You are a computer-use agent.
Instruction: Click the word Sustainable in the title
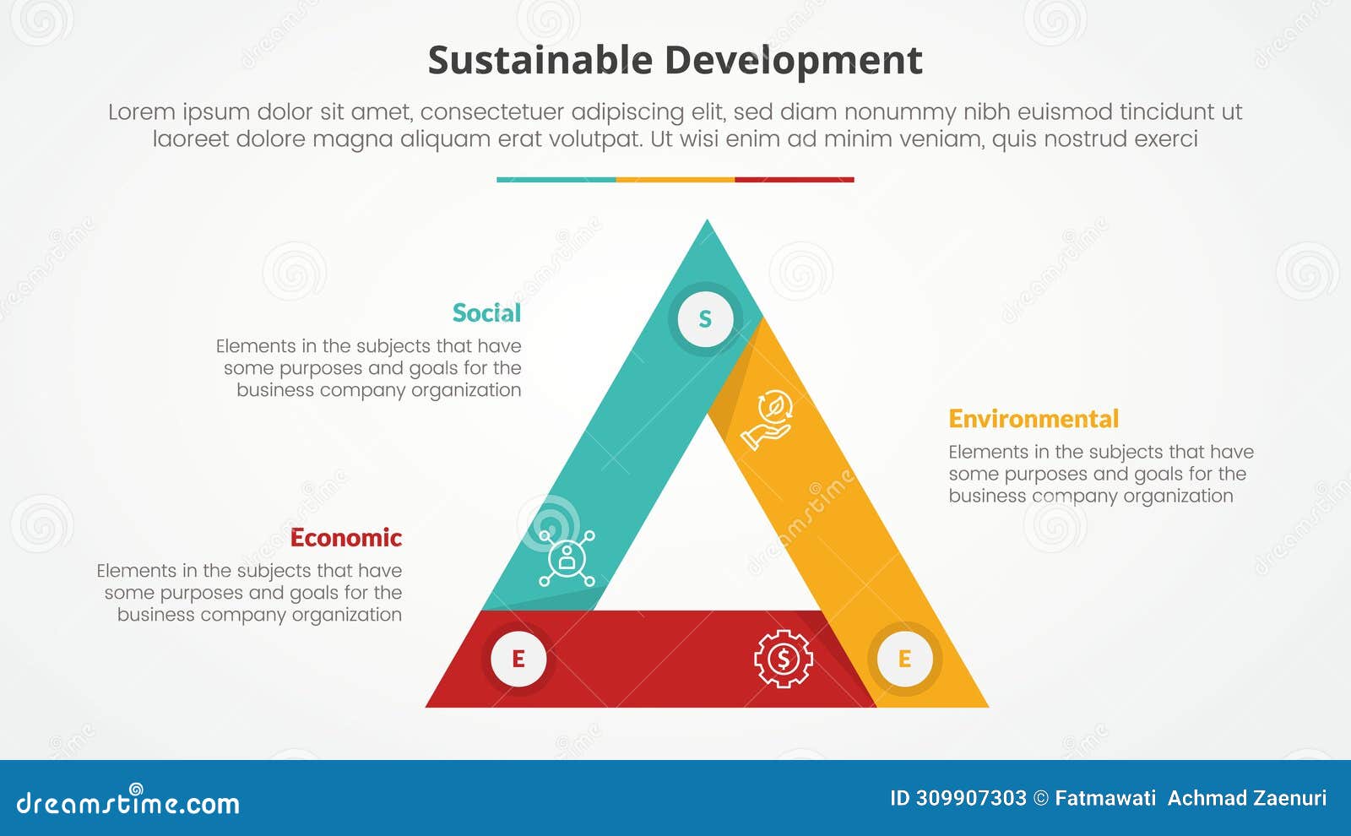[x=540, y=61]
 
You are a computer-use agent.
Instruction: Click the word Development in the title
[x=793, y=61]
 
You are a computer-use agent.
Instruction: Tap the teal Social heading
[x=486, y=313]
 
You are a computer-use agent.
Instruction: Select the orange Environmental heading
[x=1033, y=419]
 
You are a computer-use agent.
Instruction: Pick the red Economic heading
[x=345, y=538]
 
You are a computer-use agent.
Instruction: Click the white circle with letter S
[x=705, y=319]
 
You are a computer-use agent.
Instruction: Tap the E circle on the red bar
[x=518, y=659]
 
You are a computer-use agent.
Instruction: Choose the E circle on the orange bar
[x=904, y=659]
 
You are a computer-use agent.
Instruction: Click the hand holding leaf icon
[x=767, y=420]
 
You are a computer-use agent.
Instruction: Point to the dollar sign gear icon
[x=783, y=659]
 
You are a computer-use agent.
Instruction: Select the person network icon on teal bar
[x=567, y=557]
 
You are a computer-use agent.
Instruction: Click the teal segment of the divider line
[x=556, y=180]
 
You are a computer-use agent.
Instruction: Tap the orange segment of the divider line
[x=675, y=180]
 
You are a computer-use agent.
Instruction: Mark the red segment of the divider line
[x=795, y=180]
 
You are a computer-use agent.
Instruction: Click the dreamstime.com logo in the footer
[x=128, y=801]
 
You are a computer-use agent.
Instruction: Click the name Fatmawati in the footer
[x=1105, y=798]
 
